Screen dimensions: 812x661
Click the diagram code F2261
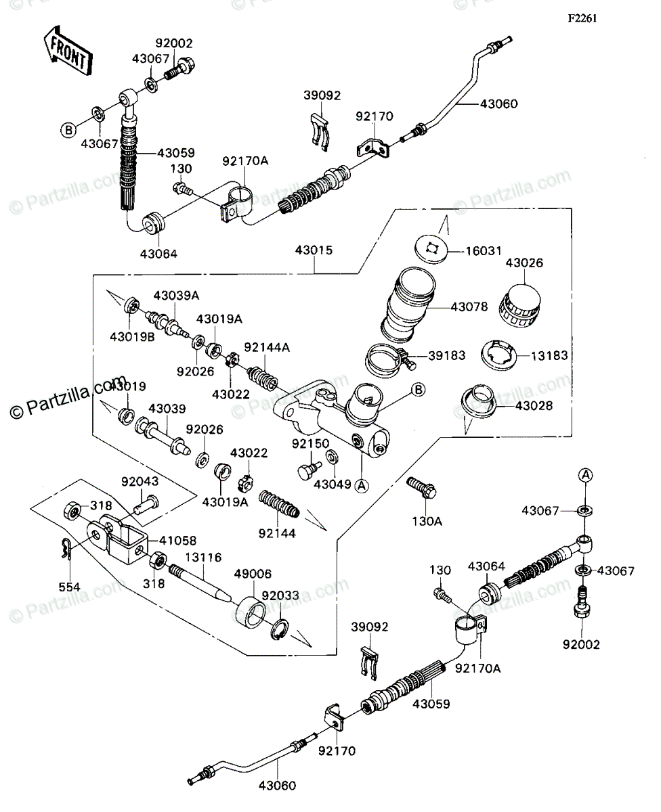(582, 19)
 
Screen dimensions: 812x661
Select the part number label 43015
(314, 250)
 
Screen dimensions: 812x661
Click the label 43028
(535, 406)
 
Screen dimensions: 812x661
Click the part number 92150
(310, 444)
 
